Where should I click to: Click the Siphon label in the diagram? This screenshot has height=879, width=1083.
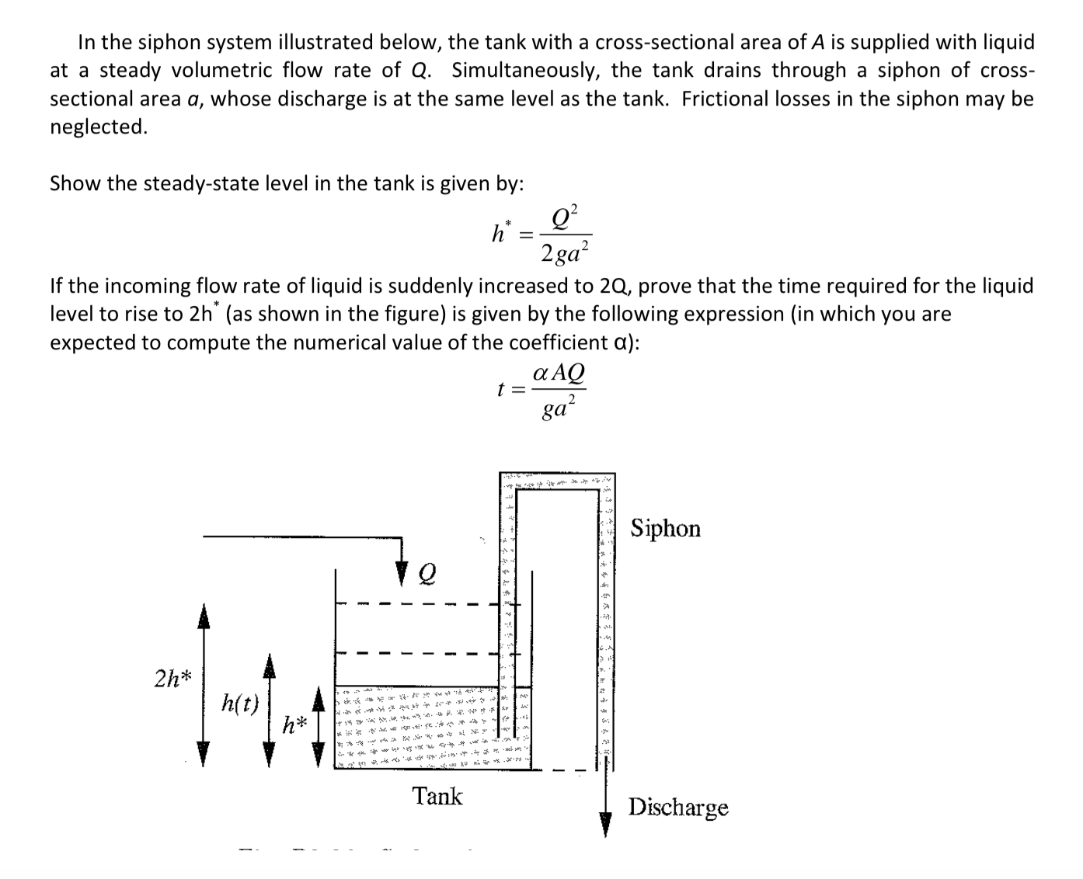click(x=665, y=529)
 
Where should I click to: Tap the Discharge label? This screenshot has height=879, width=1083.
click(x=678, y=808)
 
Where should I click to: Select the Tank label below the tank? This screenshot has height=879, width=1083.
click(x=437, y=797)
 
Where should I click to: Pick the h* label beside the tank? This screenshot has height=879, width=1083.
click(x=295, y=726)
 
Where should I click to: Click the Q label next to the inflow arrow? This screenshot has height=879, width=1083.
click(x=427, y=574)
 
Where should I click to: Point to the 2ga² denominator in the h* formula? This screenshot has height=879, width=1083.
click(x=566, y=252)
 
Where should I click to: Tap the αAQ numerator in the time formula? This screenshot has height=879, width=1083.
click(x=559, y=373)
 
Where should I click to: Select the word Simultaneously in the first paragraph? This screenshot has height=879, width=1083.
click(x=524, y=70)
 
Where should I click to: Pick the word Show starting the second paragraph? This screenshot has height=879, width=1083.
click(x=75, y=183)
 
